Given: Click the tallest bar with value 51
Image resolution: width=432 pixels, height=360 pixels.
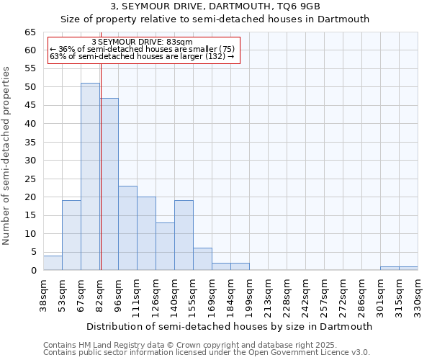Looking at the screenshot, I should click(90, 176).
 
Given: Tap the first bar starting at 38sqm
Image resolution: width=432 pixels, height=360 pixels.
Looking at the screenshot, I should click(53, 263).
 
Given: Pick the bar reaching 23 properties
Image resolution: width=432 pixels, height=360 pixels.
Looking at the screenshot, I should click(127, 228).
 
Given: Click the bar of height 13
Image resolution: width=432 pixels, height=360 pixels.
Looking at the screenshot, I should click(165, 246).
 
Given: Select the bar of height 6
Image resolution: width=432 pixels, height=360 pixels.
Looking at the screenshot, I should click(202, 259).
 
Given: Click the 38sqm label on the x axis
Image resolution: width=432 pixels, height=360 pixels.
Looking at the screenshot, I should click(44, 296).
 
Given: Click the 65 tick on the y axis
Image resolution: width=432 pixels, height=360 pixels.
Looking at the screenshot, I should click(30, 32).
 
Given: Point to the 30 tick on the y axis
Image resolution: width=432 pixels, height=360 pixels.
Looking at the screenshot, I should click(30, 161).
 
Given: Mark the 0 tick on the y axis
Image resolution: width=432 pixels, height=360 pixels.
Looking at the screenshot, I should click(33, 271).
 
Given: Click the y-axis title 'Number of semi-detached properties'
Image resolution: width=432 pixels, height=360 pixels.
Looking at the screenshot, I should click(7, 156).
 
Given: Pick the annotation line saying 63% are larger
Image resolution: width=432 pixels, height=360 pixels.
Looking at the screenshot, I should click(143, 56).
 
